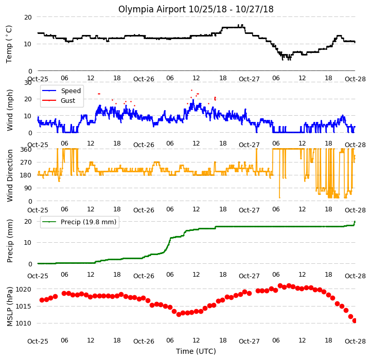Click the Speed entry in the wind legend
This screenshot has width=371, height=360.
coord(62,91)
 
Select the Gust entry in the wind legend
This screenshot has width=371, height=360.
coord(59,100)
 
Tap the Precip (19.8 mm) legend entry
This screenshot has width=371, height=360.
coord(79,222)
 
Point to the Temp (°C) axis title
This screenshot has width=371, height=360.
coord(9,44)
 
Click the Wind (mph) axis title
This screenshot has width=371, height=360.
coord(10,110)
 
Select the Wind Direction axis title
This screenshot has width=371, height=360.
coord(10,175)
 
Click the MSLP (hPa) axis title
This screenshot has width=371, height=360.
coord(10,307)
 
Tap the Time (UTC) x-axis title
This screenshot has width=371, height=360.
coord(196,351)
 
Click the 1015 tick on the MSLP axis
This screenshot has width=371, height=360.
coord(24,307)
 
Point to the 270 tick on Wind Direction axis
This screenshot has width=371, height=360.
coord(26,163)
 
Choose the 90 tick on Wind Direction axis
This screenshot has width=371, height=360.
coord(28,188)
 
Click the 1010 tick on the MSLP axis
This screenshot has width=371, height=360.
coord(24,323)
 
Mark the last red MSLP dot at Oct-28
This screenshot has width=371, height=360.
coord(355,321)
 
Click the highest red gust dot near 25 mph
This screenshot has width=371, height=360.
coord(191,90)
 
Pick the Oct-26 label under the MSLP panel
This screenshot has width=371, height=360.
coord(144,341)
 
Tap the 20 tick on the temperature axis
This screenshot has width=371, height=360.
coord(28,17)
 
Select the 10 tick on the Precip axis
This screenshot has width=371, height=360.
coord(28,243)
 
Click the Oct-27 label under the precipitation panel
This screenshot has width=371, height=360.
coord(249,276)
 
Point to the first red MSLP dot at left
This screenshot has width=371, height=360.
coord(42,300)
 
